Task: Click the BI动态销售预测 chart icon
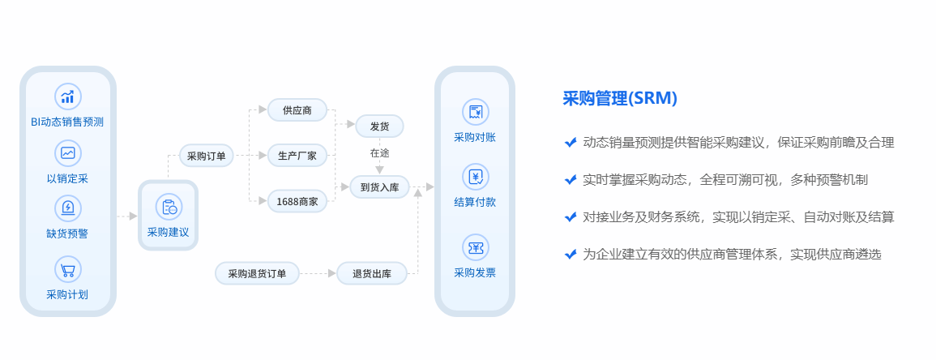tap(67, 96)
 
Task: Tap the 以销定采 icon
tap(67, 152)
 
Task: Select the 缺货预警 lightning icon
tap(67, 208)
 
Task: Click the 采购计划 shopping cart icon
tap(67, 269)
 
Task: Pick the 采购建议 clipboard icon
tap(169, 208)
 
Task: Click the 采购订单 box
tap(207, 156)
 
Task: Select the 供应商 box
tap(297, 110)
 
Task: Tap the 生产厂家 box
tap(297, 155)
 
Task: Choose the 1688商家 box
tap(297, 200)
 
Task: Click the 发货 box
tap(379, 126)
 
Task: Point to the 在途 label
tap(379, 152)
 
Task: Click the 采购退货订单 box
tap(257, 273)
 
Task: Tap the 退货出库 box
tap(372, 273)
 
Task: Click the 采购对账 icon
tap(475, 112)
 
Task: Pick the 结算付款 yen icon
tap(475, 176)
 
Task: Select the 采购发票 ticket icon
tap(475, 246)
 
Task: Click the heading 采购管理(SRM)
tap(620, 98)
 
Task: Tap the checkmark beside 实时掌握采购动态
tap(571, 179)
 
